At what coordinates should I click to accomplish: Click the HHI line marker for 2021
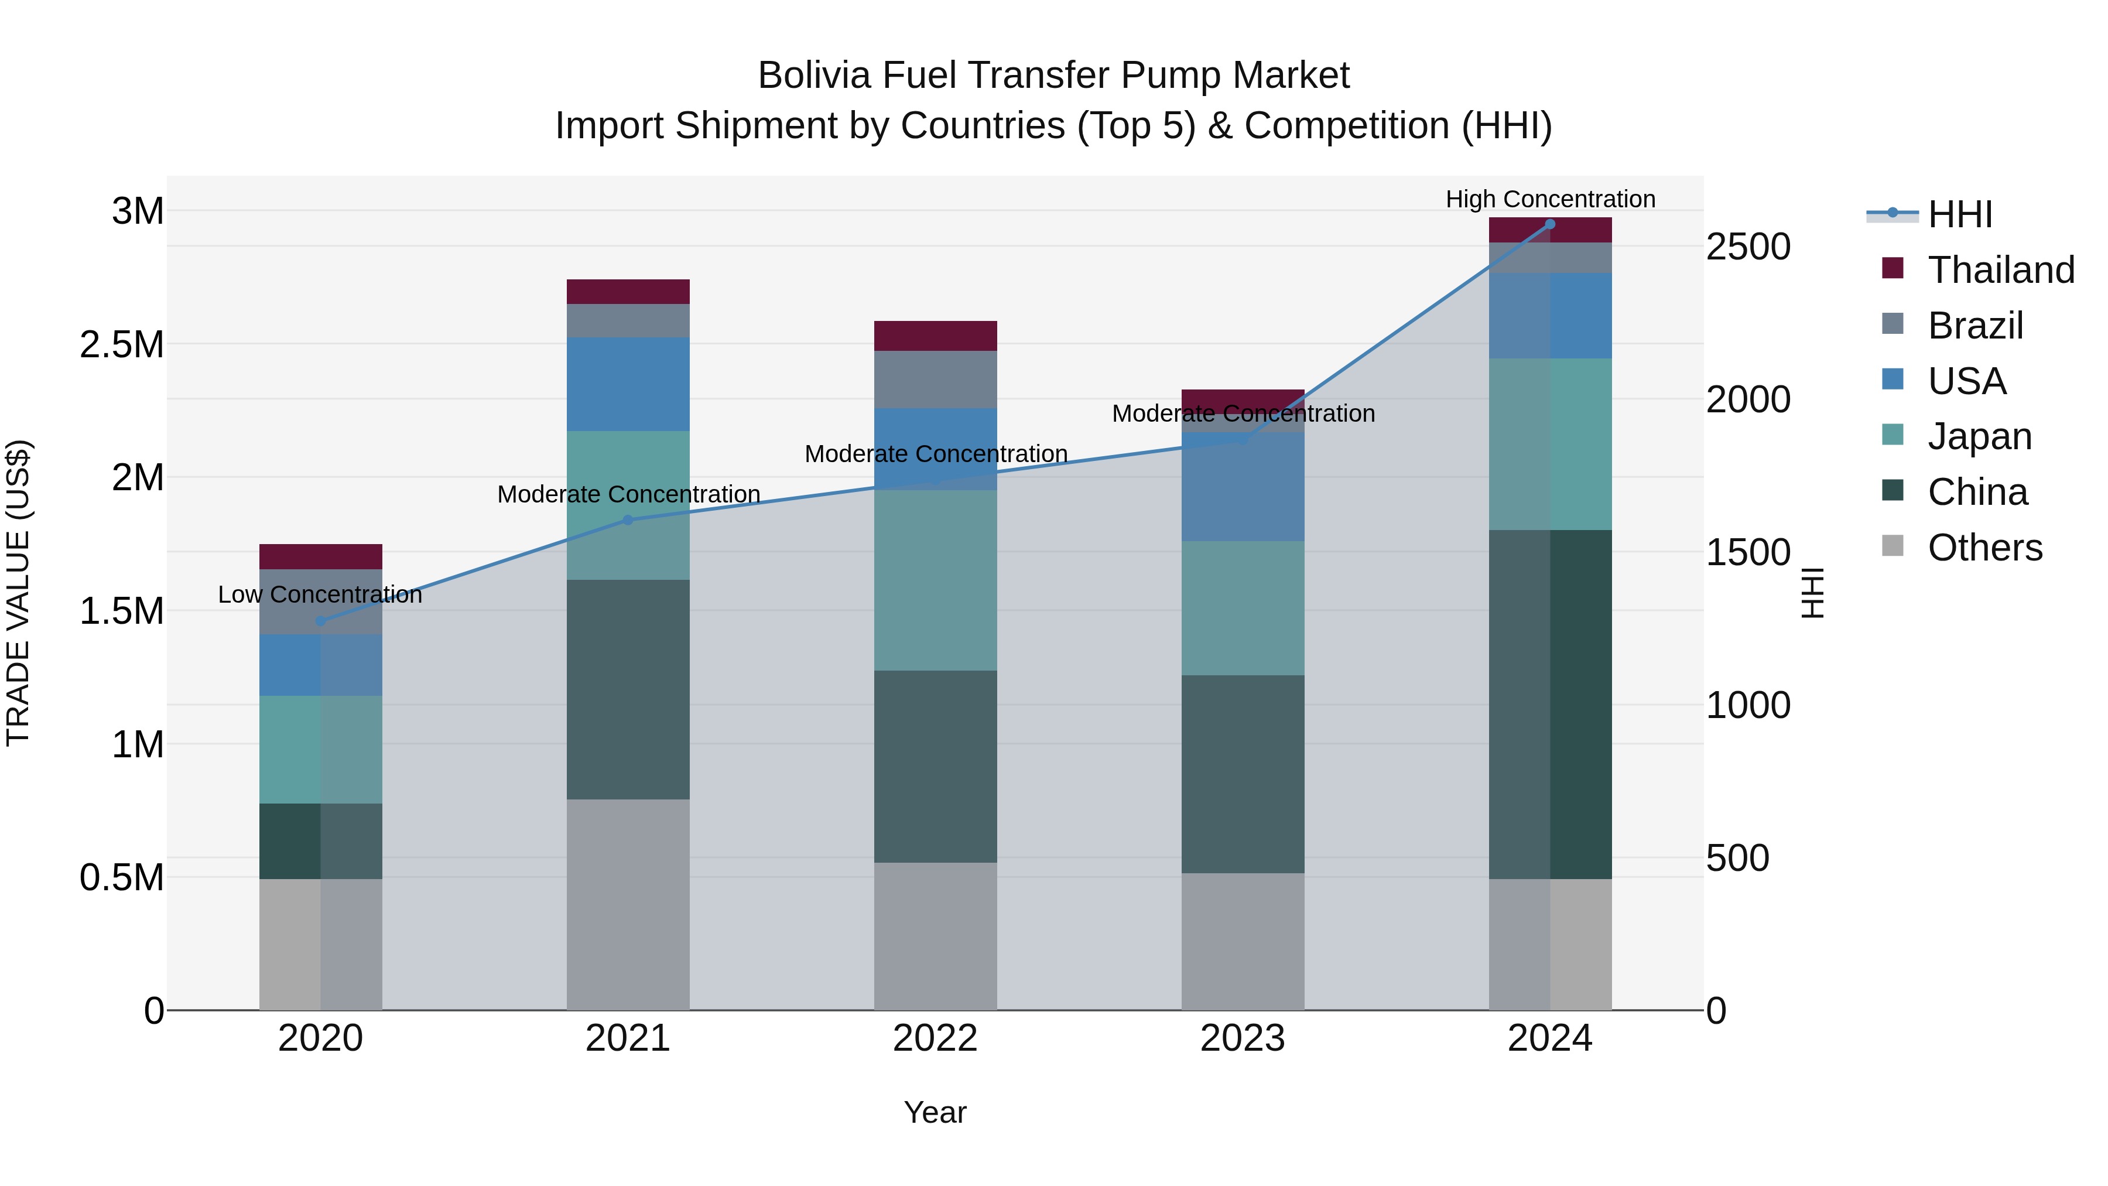[x=628, y=519]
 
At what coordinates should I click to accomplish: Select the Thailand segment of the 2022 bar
[x=935, y=336]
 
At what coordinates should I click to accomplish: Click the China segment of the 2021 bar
[x=628, y=689]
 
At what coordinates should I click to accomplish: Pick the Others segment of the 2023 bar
[x=1242, y=941]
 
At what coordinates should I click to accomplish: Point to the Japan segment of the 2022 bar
[x=935, y=580]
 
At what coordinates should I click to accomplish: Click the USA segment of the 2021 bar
[x=628, y=384]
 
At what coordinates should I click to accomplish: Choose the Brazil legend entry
[x=1974, y=325]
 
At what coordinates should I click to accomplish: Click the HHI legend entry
[x=1959, y=214]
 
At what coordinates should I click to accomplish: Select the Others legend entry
[x=1984, y=547]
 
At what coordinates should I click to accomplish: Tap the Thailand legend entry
[x=2000, y=269]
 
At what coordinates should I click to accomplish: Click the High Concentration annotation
[x=1550, y=199]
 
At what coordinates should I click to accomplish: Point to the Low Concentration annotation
[x=320, y=594]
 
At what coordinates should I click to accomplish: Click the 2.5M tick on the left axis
[x=121, y=344]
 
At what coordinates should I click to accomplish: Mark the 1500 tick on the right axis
[x=1748, y=552]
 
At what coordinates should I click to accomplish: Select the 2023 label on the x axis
[x=1242, y=1038]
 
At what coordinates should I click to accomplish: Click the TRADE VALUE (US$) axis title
[x=18, y=593]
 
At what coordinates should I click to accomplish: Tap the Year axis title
[x=935, y=1112]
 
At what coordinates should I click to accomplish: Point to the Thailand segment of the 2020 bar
[x=320, y=556]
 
